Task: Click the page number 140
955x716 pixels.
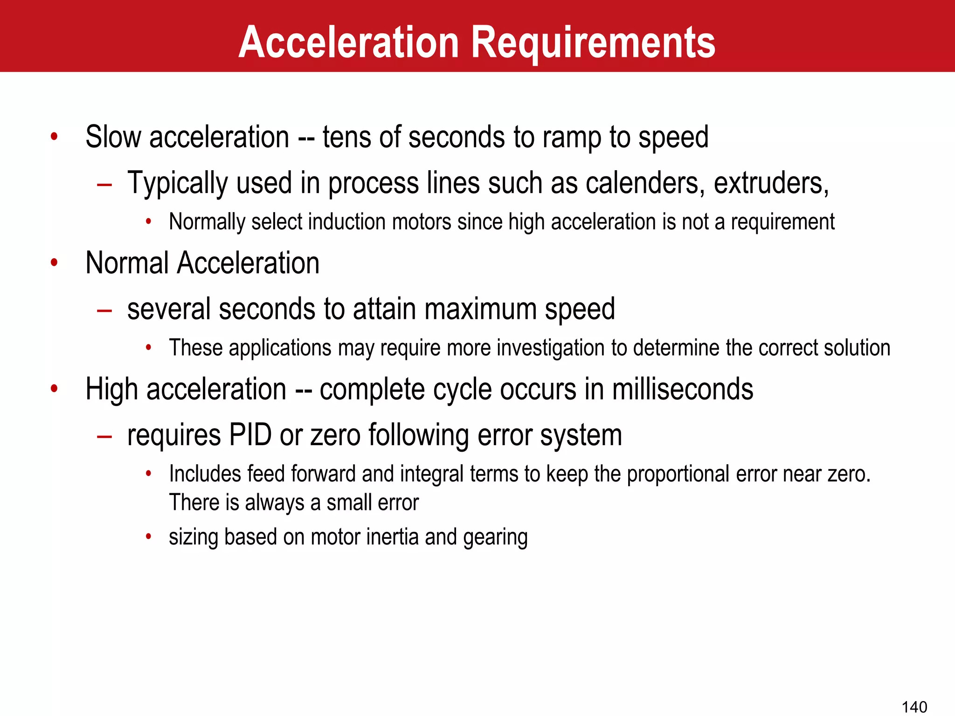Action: (914, 707)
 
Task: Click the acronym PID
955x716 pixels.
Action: (250, 435)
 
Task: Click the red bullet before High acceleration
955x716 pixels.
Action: (55, 389)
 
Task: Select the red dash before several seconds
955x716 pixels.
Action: (104, 310)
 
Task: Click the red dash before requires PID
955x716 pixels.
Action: (104, 436)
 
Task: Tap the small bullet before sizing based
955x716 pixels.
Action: (148, 537)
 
